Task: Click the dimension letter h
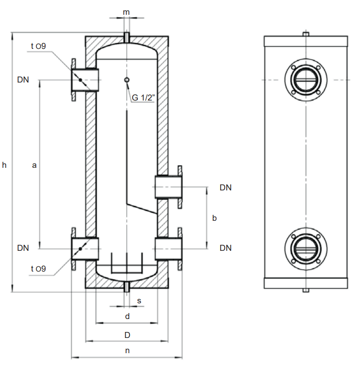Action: [5, 165]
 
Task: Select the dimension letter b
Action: [214, 218]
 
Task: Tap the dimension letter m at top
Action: [126, 11]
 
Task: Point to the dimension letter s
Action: [139, 301]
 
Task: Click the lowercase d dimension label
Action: [128, 316]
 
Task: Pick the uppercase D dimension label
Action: [128, 334]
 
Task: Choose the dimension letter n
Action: [128, 350]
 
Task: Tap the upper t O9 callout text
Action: [38, 45]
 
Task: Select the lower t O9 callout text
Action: [38, 269]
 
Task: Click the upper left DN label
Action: [23, 80]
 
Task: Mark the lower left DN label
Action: [23, 248]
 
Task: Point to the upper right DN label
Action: [226, 188]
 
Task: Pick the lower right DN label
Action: [226, 248]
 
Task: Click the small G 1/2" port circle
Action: [127, 80]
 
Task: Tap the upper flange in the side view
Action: [305, 80]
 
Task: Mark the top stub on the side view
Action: [305, 34]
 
